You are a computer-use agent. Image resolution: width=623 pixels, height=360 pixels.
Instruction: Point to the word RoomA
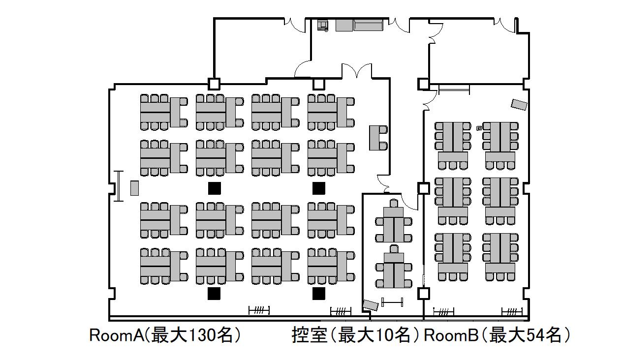pyautogui.click(x=116, y=335)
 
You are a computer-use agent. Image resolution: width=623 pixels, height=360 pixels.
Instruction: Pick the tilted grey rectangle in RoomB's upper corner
pyautogui.click(x=519, y=104)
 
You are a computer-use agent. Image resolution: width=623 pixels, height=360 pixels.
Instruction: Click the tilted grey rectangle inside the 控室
pyautogui.click(x=371, y=305)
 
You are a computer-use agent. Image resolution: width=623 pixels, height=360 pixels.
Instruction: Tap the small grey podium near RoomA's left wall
pyautogui.click(x=134, y=188)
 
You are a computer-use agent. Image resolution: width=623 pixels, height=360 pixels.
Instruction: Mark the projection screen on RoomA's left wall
pyautogui.click(x=118, y=185)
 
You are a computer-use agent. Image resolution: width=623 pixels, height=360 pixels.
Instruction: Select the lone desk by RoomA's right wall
pyautogui.click(x=377, y=138)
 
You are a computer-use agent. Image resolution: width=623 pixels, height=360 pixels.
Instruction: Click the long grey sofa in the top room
pyautogui.click(x=368, y=25)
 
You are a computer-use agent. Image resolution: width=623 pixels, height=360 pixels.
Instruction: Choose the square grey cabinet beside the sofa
pyautogui.click(x=344, y=25)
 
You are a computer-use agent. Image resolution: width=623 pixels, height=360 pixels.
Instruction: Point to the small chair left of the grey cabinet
pyautogui.click(x=323, y=25)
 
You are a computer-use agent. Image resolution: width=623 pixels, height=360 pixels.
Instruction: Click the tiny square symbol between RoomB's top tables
pyautogui.click(x=479, y=128)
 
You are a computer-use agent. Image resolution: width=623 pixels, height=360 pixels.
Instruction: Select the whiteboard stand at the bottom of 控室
pyautogui.click(x=392, y=301)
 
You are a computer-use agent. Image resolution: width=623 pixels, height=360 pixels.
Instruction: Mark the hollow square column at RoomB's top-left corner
pyautogui.click(x=423, y=84)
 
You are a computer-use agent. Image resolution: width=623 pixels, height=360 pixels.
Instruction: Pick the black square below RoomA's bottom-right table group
pyautogui.click(x=319, y=294)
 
